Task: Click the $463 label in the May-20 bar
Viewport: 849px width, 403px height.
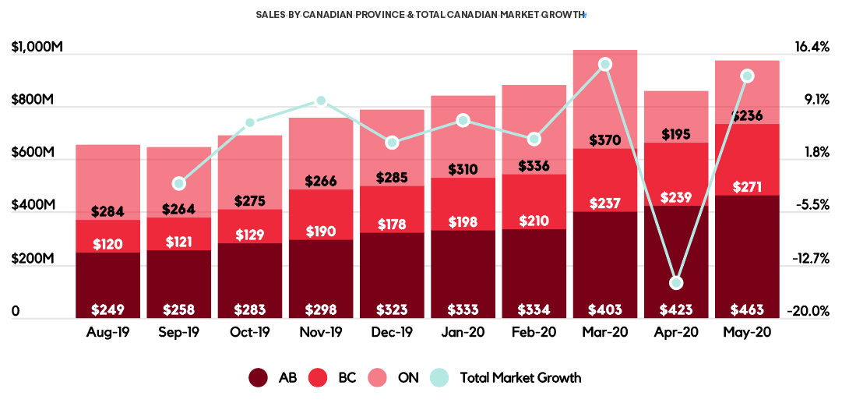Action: click(x=747, y=309)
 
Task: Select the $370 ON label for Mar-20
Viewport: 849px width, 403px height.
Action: click(x=604, y=140)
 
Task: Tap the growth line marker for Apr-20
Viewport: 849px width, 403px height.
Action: click(x=676, y=282)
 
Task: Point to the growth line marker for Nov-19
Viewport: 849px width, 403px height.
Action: click(x=320, y=101)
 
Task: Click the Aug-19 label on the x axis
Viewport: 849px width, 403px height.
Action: click(x=108, y=332)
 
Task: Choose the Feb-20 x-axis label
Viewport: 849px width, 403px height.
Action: click(x=534, y=332)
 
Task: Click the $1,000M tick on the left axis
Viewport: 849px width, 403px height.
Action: click(x=37, y=48)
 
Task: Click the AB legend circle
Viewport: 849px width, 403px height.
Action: click(x=259, y=378)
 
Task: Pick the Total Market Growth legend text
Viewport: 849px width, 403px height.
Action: click(x=520, y=378)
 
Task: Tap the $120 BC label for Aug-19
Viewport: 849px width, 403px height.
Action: click(x=107, y=244)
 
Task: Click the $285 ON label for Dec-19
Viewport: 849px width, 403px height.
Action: click(x=392, y=178)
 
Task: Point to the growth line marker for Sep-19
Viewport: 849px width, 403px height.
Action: click(x=179, y=184)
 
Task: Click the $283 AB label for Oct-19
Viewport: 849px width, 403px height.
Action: click(x=249, y=309)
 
